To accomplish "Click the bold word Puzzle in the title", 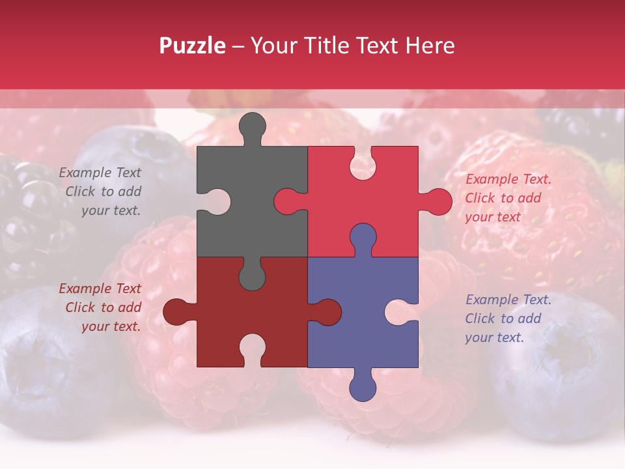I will [x=193, y=46].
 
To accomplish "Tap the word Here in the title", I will [x=430, y=46].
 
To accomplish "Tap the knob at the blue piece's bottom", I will [x=363, y=387].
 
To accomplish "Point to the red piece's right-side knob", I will [x=437, y=201].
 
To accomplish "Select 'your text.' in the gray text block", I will [x=111, y=210].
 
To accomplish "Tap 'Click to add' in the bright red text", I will [x=503, y=198].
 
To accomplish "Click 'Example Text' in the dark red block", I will [x=100, y=289].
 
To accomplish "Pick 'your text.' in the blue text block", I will [x=494, y=337].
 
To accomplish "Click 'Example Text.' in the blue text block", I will [x=508, y=300].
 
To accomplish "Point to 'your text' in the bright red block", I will [x=493, y=217].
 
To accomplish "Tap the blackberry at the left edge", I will [x=26, y=208].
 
